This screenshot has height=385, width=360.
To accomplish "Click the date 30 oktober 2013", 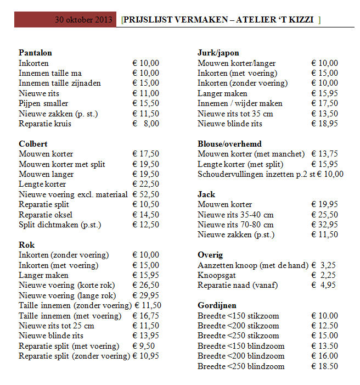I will point(83,20).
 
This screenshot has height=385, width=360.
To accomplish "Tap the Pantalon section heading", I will point(35,53).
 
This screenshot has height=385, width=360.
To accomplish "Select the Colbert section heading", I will point(32,144).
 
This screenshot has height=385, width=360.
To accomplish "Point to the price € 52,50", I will point(145,194).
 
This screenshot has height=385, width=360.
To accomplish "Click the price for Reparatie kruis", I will point(145,124).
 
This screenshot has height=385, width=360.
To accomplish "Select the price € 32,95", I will point(324,225).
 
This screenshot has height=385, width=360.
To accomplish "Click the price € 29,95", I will point(145,295).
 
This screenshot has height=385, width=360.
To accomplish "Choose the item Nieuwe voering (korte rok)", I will point(63,286).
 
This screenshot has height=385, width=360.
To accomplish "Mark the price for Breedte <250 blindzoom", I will point(324,366).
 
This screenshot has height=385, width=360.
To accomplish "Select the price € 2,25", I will point(324,275).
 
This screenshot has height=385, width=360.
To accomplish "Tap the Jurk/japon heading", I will point(218,53).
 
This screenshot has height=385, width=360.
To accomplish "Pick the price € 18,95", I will point(324,124).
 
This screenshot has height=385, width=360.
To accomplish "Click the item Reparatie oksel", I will point(46,215).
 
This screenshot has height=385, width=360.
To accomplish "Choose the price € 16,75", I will point(145,316).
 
